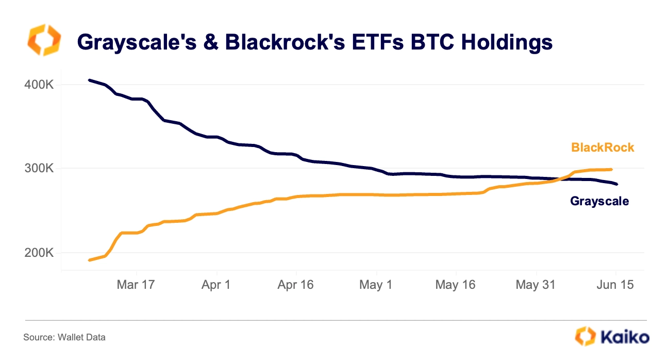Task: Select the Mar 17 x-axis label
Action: click(135, 285)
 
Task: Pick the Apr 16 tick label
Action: click(295, 285)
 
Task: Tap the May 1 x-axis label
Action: click(376, 285)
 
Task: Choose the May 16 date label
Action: click(455, 285)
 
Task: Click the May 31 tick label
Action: click(536, 285)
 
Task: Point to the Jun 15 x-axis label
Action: click(615, 285)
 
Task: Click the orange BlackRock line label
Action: click(603, 148)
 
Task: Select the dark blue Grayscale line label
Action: click(599, 201)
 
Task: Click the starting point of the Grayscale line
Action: click(89, 80)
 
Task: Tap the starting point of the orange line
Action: click(89, 260)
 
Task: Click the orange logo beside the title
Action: click(44, 40)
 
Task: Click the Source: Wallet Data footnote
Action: click(64, 338)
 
